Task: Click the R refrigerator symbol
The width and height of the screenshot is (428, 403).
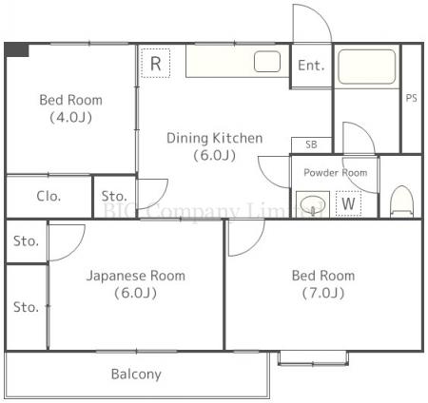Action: (155, 64)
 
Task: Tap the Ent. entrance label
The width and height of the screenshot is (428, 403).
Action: (311, 66)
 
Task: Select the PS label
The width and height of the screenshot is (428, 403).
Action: (412, 98)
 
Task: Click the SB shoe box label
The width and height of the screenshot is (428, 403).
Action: (311, 144)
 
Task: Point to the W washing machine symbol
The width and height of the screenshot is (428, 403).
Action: (349, 202)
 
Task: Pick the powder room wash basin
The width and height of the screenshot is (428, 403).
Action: (311, 202)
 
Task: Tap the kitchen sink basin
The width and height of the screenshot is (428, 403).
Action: (267, 63)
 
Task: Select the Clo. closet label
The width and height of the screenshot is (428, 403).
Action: (49, 197)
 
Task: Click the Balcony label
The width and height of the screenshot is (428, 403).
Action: (136, 374)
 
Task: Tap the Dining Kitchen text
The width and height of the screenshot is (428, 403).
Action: (214, 138)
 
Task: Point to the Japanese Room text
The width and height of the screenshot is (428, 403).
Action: (136, 276)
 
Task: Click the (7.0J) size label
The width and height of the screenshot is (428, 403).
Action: (323, 293)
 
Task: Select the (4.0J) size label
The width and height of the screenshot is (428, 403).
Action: (70, 118)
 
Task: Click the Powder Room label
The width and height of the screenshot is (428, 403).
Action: (335, 172)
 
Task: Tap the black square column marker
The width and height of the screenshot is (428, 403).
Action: (16, 49)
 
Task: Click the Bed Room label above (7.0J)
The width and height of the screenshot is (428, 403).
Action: (323, 276)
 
